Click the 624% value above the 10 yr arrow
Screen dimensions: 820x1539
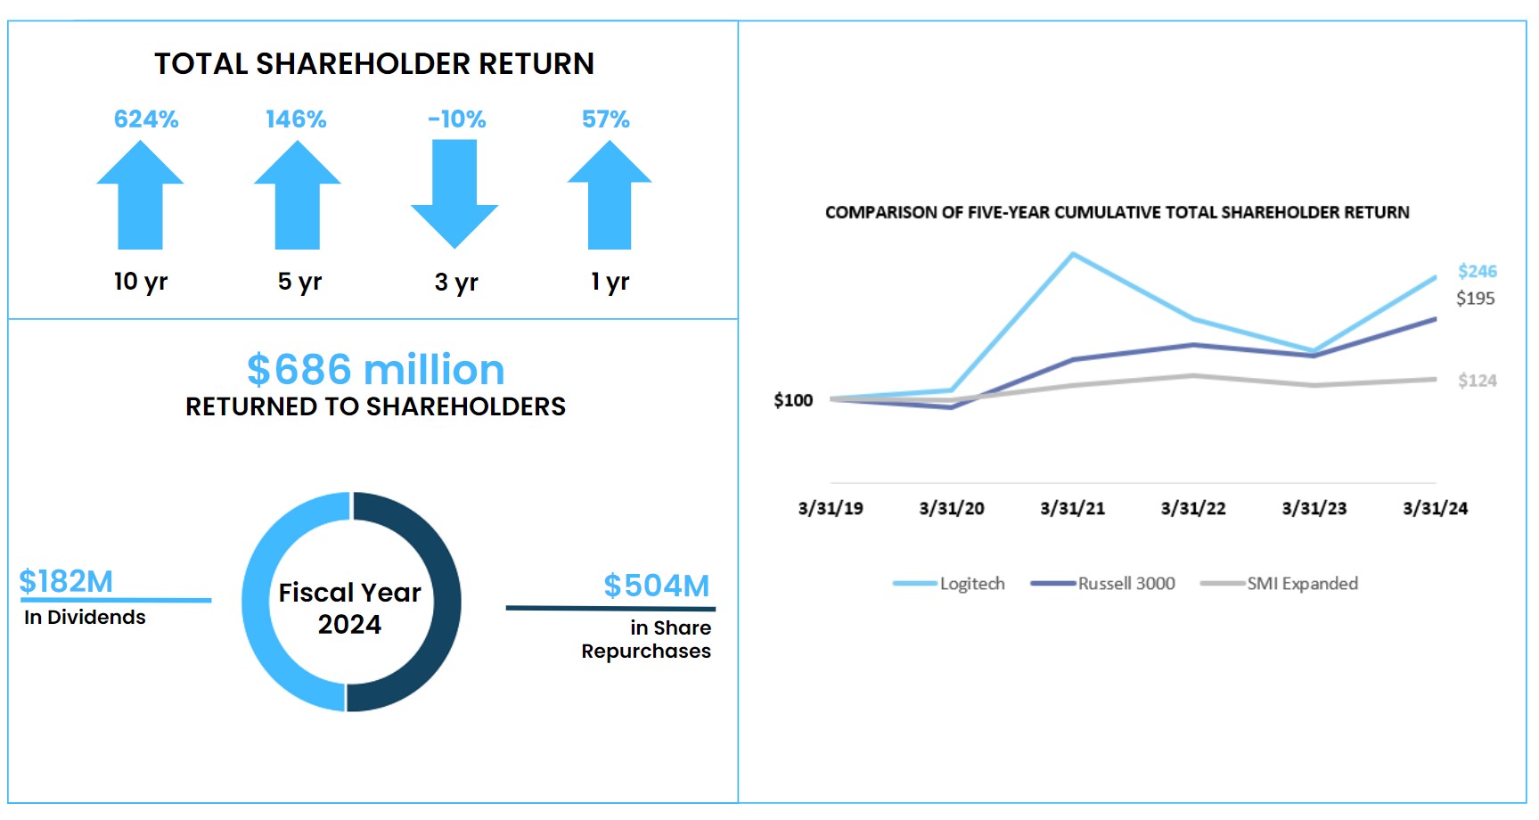pyautogui.click(x=146, y=119)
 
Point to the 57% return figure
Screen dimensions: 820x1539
pyautogui.click(x=606, y=119)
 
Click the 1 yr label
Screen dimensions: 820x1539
pyautogui.click(x=610, y=282)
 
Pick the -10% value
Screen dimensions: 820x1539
pyautogui.click(x=457, y=119)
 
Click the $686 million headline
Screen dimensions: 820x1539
pyautogui.click(x=375, y=370)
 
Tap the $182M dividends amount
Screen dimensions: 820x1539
pyautogui.click(x=66, y=581)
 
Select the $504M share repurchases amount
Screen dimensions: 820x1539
pyautogui.click(x=657, y=586)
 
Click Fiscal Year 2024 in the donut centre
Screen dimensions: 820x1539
pyautogui.click(x=350, y=608)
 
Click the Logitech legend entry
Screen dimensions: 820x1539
pyautogui.click(x=971, y=584)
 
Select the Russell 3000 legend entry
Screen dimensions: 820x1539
pyautogui.click(x=1126, y=584)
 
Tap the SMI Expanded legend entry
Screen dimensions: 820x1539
pyautogui.click(x=1301, y=584)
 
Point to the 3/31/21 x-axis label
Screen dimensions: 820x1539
pyautogui.click(x=1073, y=509)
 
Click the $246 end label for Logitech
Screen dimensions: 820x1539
pyautogui.click(x=1477, y=271)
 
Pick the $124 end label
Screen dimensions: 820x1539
pyautogui.click(x=1477, y=381)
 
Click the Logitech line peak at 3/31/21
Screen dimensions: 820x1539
pyautogui.click(x=1073, y=255)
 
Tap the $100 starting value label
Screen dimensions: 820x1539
pyautogui.click(x=793, y=400)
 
